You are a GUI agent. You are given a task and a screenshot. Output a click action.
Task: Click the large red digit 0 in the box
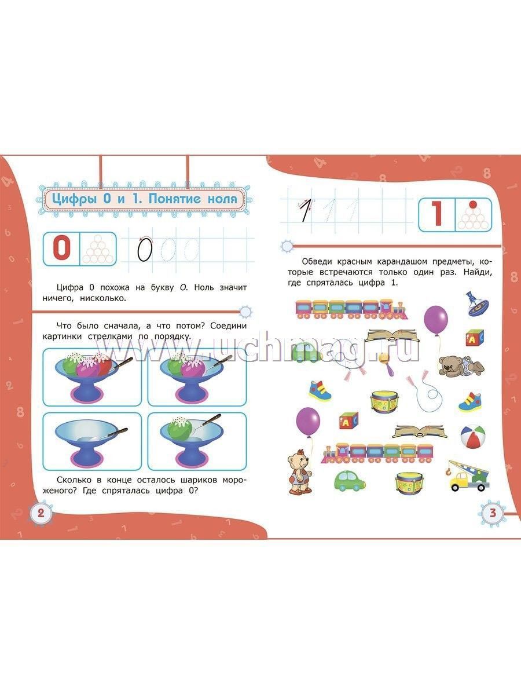click(x=61, y=248)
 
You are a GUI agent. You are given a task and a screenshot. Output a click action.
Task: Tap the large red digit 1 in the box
click(x=437, y=215)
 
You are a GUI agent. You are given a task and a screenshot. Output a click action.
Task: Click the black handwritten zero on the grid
click(x=145, y=249)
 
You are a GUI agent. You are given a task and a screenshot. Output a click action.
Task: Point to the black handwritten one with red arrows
click(x=305, y=210)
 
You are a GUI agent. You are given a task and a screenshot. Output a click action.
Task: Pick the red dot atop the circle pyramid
click(x=473, y=204)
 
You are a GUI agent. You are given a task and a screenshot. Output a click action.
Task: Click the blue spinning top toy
click(x=476, y=304)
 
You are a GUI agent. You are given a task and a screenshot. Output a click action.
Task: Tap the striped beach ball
click(x=472, y=437)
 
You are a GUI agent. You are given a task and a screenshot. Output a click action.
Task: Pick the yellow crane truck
click(x=469, y=476)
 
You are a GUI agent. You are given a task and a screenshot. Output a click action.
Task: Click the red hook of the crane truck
click(x=449, y=473)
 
